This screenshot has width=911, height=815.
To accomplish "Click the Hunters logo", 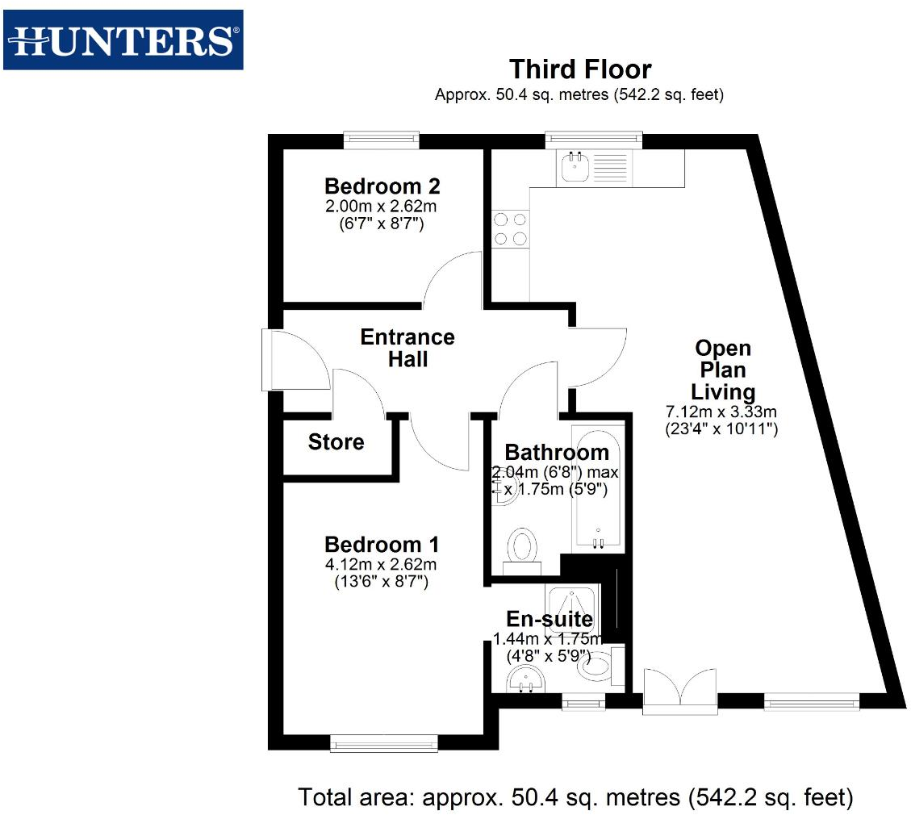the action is [x=123, y=40].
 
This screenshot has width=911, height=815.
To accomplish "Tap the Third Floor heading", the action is [x=579, y=69].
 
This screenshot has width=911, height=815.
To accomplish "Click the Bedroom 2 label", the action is [x=382, y=186].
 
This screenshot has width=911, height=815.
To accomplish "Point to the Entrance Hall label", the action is [x=407, y=348].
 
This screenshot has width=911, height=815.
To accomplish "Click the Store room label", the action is [x=336, y=442].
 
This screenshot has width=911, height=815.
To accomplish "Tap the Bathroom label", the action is [x=556, y=452].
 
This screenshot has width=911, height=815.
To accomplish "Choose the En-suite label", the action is [x=549, y=619].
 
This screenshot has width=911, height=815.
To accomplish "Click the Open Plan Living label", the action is [x=723, y=370].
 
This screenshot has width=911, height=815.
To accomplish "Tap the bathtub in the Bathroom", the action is [x=597, y=488].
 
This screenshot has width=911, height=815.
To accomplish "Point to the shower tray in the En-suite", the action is [x=572, y=604].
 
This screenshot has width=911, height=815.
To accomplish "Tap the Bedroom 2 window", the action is [x=381, y=140].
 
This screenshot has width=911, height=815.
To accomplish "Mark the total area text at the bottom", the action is [x=575, y=798].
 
